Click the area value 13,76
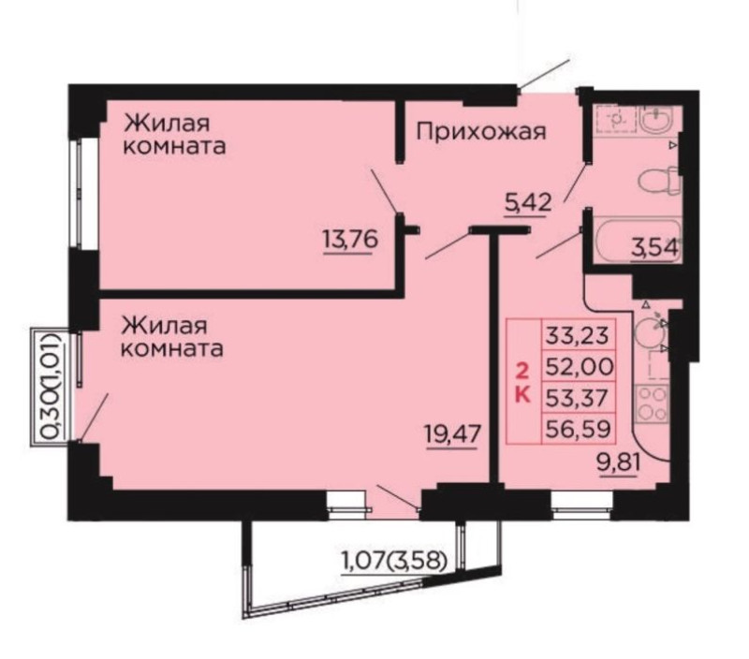350,240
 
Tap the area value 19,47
451,434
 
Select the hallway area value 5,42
528,203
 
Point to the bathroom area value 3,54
654,248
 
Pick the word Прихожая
481,131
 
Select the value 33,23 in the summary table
578,335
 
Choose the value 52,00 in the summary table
579,367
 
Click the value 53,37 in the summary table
578,398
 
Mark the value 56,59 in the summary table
578,429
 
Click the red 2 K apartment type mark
522,382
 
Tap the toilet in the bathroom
658,181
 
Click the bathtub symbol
635,240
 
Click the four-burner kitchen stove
652,403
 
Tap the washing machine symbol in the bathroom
615,117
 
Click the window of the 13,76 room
78,193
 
